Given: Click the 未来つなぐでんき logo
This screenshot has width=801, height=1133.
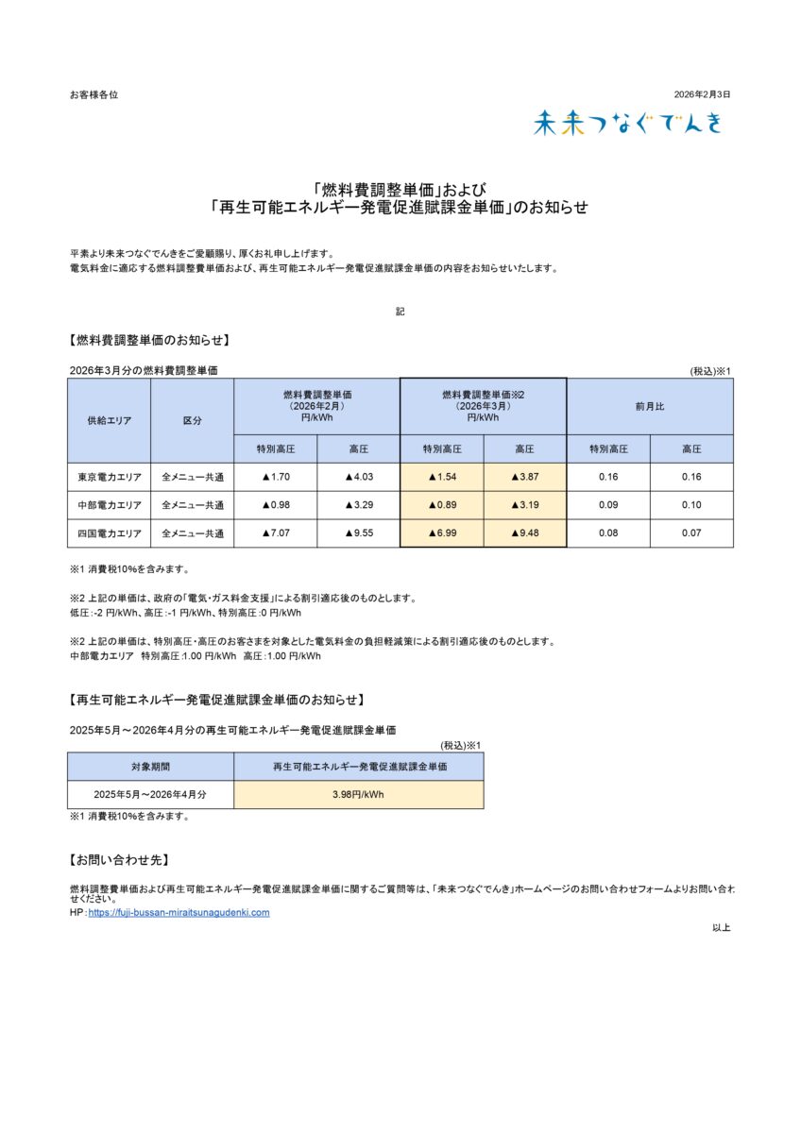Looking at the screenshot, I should point(627,123).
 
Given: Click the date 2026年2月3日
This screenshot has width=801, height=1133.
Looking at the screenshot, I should point(702,94).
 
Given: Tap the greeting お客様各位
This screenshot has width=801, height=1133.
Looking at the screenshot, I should point(94,94).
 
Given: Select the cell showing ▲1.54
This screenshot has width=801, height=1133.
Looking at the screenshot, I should point(442,477).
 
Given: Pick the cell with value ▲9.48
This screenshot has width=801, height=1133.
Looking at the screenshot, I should point(525,533).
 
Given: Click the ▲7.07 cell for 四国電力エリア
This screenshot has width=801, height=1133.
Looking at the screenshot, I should point(275,533).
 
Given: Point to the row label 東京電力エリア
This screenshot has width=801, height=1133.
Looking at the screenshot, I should point(109,477).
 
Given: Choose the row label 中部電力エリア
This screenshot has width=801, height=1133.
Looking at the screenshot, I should point(109,505).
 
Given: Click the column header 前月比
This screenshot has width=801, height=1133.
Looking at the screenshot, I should point(650,406).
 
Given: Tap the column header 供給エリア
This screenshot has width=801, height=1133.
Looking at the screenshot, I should point(109,420).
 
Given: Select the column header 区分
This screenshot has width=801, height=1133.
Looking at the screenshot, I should point(192,420).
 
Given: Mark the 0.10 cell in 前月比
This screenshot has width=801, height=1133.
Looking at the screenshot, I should point(691,505).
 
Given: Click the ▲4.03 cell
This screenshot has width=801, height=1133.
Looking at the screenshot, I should point(359,477).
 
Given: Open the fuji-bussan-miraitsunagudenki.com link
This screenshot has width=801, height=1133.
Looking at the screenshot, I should point(179,913).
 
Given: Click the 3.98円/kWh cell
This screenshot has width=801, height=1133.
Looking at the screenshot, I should point(358,795).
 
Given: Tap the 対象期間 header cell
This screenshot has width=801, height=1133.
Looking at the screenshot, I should point(150,767).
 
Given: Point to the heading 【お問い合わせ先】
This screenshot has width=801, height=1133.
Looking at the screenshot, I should point(119,860).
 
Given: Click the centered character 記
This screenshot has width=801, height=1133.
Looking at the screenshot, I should point(400,311).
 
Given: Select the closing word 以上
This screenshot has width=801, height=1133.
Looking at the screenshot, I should point(722,927).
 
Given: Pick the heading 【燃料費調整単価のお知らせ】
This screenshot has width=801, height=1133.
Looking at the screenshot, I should point(149,340).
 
